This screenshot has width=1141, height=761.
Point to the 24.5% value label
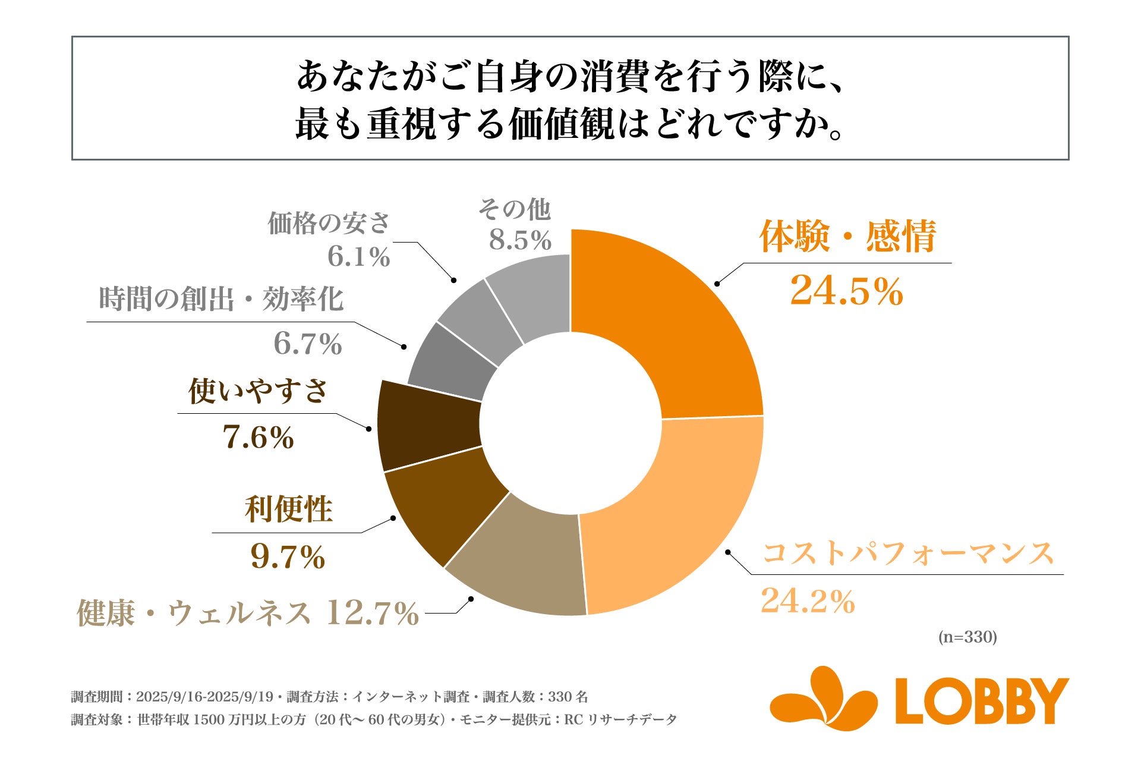click(x=846, y=291)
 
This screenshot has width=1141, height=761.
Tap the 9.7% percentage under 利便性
click(x=288, y=556)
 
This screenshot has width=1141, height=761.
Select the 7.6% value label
click(x=258, y=437)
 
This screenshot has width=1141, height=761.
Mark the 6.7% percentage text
click(x=307, y=344)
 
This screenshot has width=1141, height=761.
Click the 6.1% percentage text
click(x=358, y=257)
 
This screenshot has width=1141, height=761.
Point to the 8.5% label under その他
click(x=520, y=240)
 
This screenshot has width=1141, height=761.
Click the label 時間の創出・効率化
click(x=221, y=298)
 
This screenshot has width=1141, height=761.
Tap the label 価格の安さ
click(x=329, y=224)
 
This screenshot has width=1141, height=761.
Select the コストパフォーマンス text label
click(x=907, y=553)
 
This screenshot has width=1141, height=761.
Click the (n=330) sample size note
click(x=967, y=637)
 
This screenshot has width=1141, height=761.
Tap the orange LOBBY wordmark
click(x=982, y=702)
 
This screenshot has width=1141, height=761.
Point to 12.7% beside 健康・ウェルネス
click(x=372, y=613)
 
